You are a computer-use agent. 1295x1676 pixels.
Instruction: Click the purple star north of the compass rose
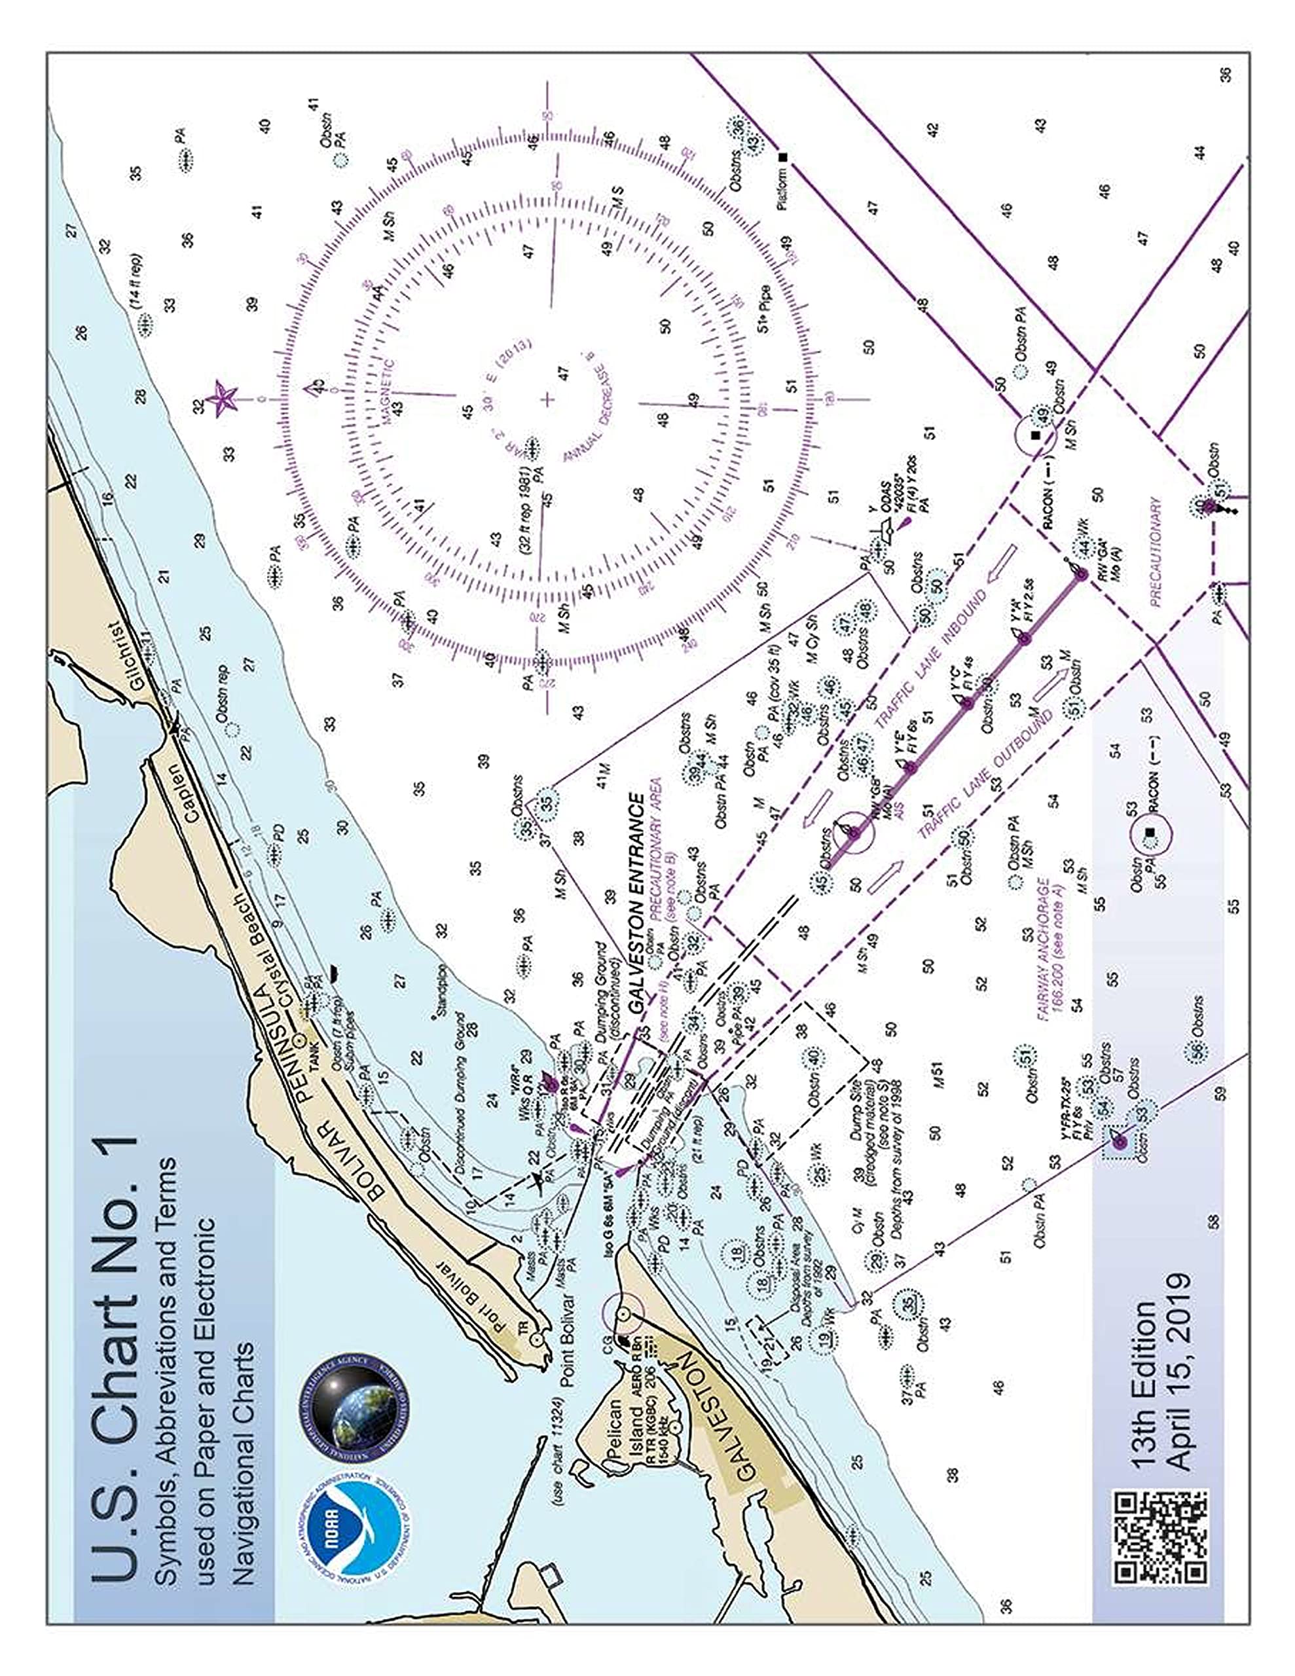click(224, 397)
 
